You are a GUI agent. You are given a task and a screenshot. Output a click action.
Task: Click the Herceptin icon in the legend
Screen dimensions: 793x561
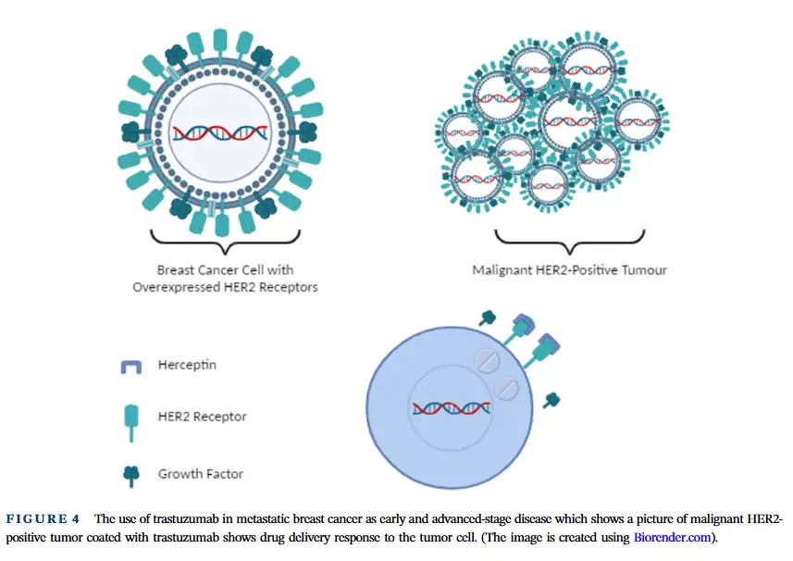pos(131,367)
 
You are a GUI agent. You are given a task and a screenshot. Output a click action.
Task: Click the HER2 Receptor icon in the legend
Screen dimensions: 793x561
pos(131,423)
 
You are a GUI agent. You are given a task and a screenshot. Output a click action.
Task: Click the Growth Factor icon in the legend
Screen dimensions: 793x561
pos(131,476)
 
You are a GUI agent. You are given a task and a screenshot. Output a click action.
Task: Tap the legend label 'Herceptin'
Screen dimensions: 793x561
pos(187,365)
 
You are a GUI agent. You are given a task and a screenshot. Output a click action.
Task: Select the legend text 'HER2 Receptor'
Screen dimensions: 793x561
pos(203,417)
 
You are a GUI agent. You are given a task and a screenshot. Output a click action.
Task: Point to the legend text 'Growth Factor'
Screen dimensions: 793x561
pos(201,474)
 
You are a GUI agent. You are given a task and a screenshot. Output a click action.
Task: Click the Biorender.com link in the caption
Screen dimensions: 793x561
pos(672,537)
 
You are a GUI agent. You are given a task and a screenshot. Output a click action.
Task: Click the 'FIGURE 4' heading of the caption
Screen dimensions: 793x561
pos(43,519)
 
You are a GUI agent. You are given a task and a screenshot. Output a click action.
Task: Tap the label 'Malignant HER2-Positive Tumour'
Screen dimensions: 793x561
pos(569,270)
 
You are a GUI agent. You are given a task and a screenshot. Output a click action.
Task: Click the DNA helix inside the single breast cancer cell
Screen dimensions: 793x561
pos(220,133)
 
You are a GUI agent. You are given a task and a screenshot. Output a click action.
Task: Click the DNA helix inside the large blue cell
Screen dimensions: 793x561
pos(452,407)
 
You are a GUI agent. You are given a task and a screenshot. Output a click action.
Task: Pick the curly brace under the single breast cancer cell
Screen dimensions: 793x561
pos(226,242)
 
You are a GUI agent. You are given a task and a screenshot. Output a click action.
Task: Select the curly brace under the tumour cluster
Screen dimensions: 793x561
pos(569,242)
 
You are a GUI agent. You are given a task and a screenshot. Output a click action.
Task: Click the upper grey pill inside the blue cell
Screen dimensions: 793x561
pos(487,361)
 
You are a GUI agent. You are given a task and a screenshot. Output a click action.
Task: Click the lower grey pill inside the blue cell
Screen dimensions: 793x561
pos(506,388)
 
